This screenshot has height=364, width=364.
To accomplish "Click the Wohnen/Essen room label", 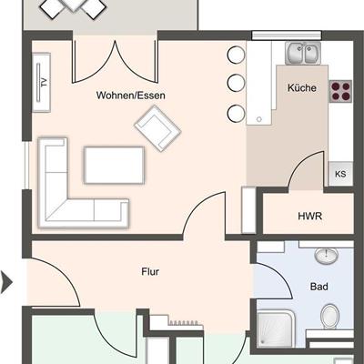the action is click(131, 96).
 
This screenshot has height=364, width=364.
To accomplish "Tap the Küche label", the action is click(302, 88).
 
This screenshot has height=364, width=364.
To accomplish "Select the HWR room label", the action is click(309, 217).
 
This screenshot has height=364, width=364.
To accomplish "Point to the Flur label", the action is click(150, 271).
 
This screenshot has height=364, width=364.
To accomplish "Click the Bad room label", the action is click(319, 287).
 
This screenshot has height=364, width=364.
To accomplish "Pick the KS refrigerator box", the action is click(340, 174).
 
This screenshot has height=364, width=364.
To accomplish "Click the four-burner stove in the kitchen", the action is click(341, 91).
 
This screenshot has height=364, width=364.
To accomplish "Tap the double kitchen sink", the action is click(303, 53).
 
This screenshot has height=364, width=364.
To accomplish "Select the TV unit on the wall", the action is click(41, 82).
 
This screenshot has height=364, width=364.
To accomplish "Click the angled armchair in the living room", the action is click(157, 128).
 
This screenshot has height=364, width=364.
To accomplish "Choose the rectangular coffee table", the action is click(114, 165).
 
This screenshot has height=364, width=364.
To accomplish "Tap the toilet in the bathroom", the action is click(329, 317).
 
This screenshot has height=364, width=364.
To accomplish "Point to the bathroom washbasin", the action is click(326, 256).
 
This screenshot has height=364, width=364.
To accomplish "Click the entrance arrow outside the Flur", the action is click(6, 282).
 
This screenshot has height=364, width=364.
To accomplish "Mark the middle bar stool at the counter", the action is click(236, 82).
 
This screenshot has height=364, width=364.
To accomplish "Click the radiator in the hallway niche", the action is click(184, 323).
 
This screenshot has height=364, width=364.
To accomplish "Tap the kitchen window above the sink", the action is click(287, 35).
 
